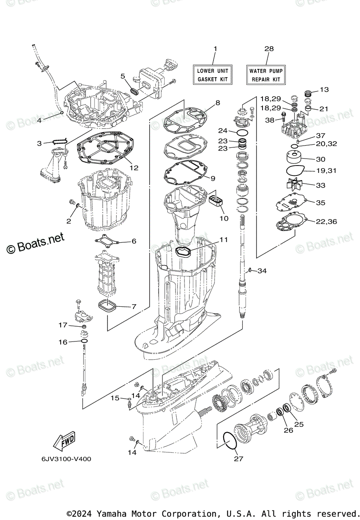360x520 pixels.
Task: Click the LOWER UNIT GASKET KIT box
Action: click(x=213, y=75)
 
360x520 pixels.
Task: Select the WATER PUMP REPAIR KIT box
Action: click(x=266, y=75)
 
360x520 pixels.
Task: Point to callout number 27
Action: click(x=239, y=458)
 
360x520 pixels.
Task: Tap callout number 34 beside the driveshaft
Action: click(x=262, y=271)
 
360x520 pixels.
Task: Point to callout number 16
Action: click(x=63, y=342)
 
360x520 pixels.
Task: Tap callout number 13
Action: click(x=324, y=90)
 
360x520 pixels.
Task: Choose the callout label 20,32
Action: click(x=326, y=144)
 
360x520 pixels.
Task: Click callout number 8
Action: click(x=217, y=103)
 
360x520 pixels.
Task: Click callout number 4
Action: click(x=39, y=120)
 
